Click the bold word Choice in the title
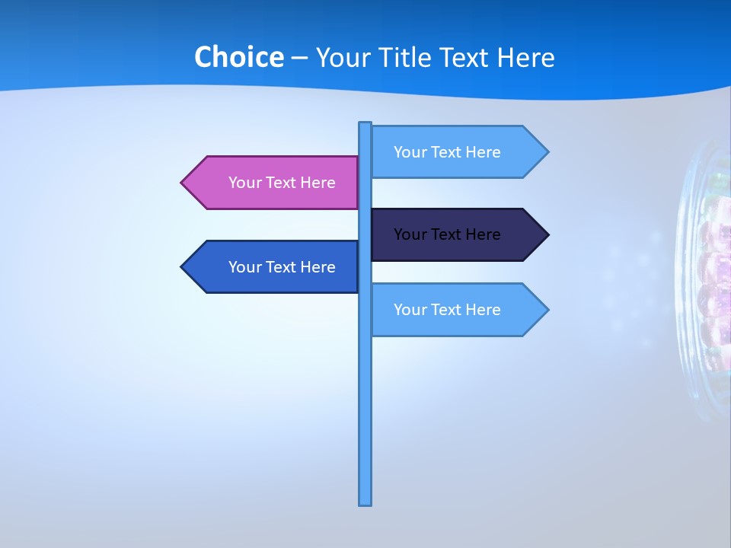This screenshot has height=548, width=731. coord(238,57)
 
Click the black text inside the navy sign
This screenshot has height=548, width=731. coord(447,234)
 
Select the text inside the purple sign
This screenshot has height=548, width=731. coord(282,183)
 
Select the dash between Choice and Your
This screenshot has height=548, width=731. coord(299,58)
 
